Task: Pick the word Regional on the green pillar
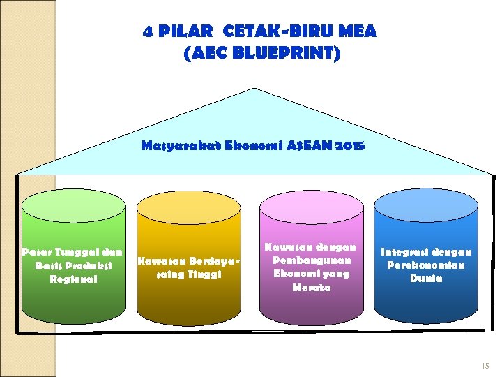coord(73,279)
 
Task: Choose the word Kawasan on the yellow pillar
coord(159,261)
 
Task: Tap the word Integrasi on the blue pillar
coord(402,251)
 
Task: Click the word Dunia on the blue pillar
coord(426,279)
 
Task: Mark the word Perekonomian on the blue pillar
coord(426,265)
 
